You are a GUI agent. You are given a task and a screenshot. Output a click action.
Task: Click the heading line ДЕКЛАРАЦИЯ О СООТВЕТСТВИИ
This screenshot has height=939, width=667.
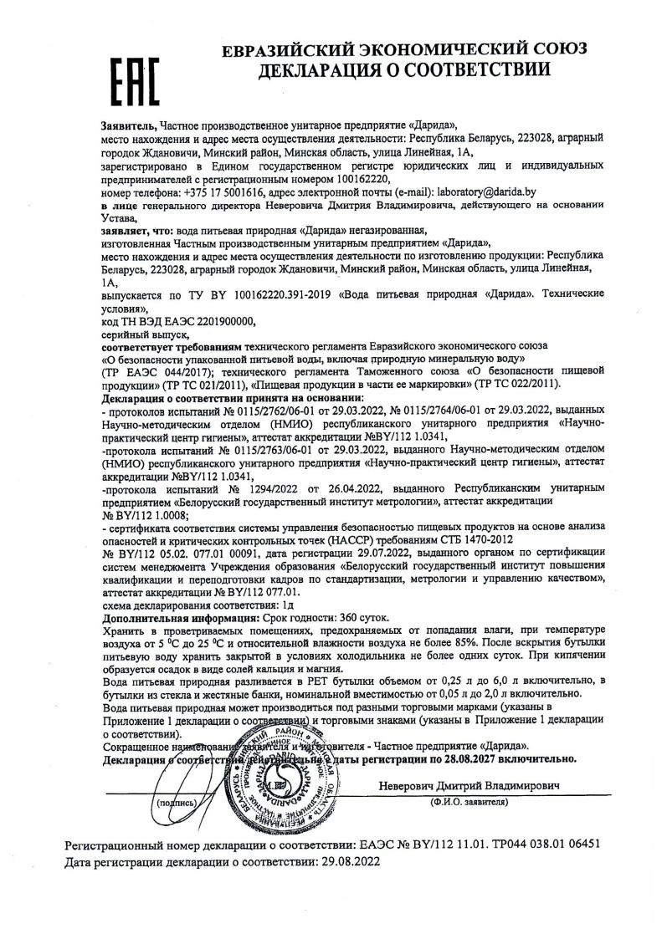click(404, 70)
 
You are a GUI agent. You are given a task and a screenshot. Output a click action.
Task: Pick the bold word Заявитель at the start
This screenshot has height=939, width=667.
click(127, 123)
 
